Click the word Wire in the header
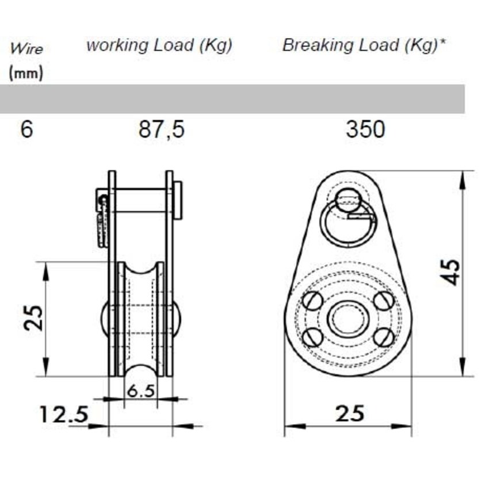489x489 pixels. [x=26, y=48]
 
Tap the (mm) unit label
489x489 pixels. [x=26, y=74]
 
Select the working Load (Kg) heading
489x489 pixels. [x=159, y=45]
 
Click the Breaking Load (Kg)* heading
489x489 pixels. [x=365, y=45]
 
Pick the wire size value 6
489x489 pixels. [x=26, y=129]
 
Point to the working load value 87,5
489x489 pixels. [x=162, y=129]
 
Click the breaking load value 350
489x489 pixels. [x=365, y=129]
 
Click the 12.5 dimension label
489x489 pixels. [x=63, y=414]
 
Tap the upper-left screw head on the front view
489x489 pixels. [x=312, y=300]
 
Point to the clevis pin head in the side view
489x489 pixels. [x=178, y=200]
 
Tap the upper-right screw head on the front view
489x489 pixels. [x=383, y=300]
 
